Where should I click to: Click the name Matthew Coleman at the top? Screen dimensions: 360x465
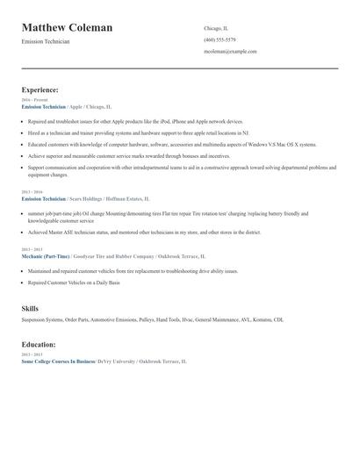[x=67, y=27]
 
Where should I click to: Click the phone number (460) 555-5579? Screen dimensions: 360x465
[x=220, y=39]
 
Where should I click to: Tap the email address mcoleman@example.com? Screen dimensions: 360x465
[x=227, y=52]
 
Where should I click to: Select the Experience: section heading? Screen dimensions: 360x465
[x=40, y=89]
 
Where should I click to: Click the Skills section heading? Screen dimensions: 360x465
[x=30, y=309]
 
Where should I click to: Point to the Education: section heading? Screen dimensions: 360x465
[x=39, y=345]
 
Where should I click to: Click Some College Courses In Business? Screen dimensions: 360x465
[x=58, y=361]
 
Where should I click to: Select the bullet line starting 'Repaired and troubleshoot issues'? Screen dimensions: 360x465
[x=135, y=121]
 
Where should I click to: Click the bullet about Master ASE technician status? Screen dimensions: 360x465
[x=144, y=232]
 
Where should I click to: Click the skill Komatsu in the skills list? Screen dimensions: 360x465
[x=260, y=320]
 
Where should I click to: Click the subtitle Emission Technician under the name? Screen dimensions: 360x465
[x=46, y=42]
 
